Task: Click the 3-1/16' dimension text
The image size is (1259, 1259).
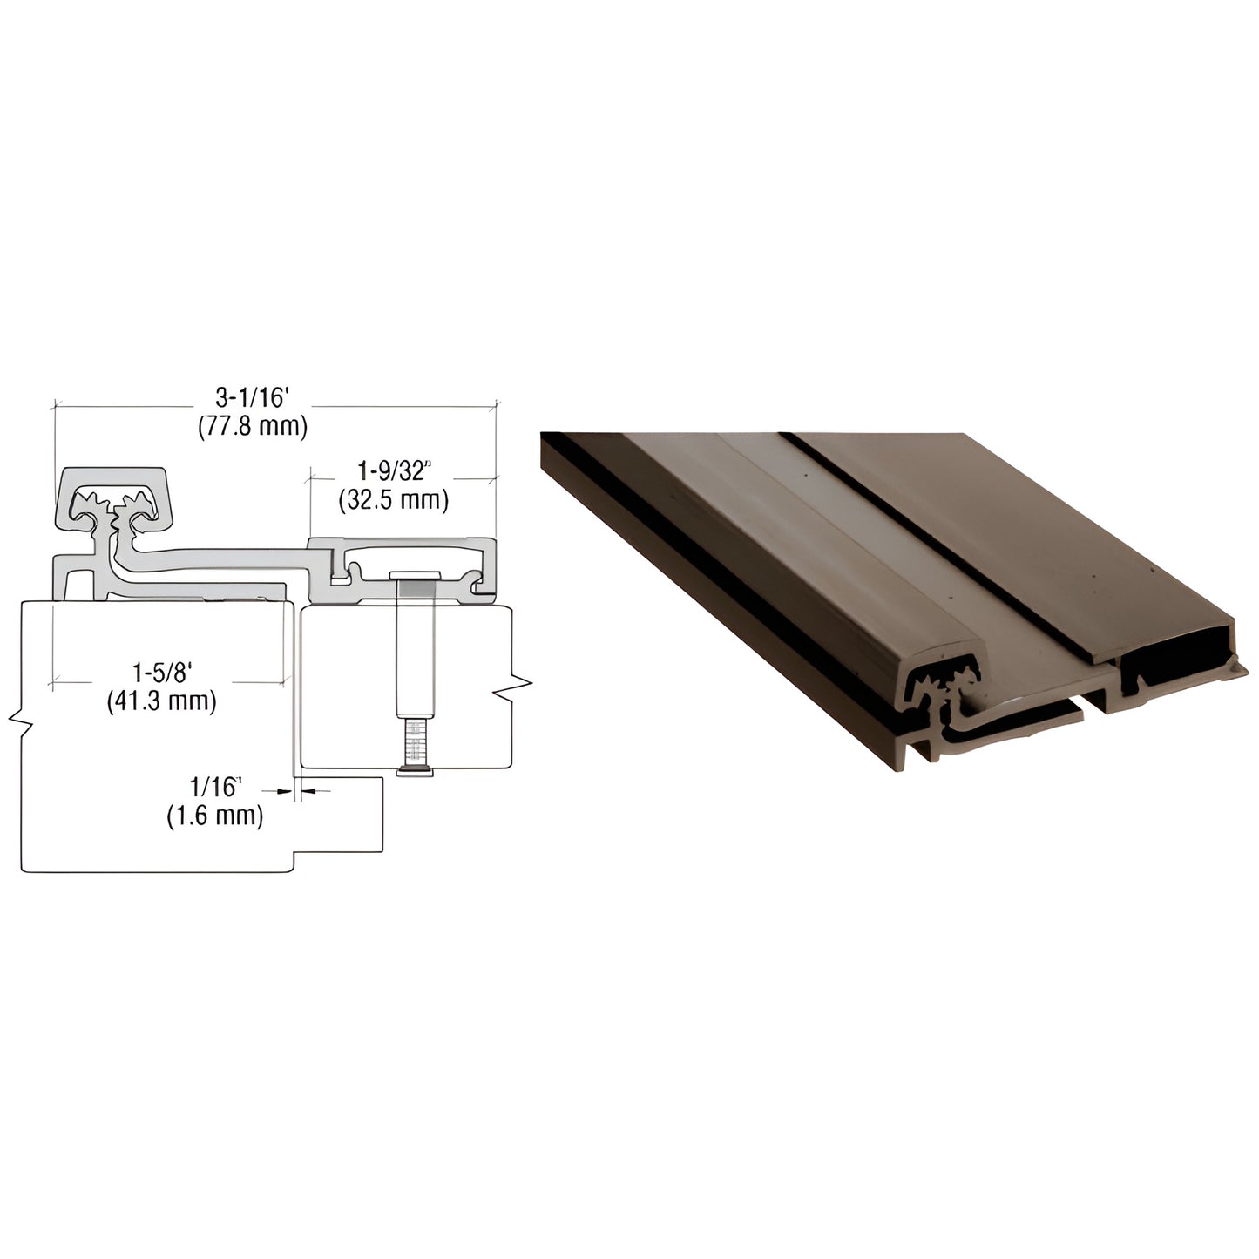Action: click(251, 398)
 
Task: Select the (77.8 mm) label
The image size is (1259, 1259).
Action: click(251, 426)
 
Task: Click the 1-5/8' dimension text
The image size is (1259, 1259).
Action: click(161, 672)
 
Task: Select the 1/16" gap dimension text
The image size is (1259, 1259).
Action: click(214, 788)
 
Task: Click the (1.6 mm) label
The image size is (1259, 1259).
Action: click(214, 816)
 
